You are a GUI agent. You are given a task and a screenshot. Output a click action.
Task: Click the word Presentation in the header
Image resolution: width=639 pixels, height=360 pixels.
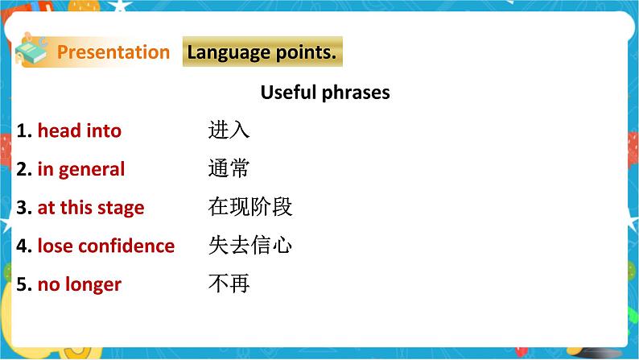(113, 52)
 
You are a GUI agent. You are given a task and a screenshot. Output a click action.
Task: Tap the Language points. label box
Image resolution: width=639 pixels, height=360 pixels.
(262, 52)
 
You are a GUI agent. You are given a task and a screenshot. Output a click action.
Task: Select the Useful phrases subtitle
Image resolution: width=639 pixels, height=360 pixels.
(325, 92)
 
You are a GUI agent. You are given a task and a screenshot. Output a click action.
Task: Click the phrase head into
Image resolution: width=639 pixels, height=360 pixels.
(79, 130)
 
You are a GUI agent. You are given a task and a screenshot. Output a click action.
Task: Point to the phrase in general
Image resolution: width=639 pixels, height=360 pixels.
(81, 169)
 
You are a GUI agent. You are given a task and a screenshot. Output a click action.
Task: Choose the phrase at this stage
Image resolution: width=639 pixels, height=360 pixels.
(91, 208)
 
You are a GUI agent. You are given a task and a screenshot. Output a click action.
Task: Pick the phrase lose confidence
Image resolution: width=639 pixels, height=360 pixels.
(105, 246)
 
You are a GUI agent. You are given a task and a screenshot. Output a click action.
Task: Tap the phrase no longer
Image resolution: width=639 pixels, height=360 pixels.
(79, 284)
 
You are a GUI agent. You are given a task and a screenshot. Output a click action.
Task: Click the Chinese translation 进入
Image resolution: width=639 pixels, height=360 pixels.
(229, 130)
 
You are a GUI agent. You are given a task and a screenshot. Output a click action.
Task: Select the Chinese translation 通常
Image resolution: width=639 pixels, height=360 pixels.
(229, 168)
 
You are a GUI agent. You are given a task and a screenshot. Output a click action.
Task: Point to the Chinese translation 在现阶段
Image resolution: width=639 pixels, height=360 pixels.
(249, 207)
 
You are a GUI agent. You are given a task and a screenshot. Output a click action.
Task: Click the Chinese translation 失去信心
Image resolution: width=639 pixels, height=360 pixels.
(249, 246)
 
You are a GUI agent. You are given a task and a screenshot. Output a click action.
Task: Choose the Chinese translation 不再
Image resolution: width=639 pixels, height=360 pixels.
(229, 284)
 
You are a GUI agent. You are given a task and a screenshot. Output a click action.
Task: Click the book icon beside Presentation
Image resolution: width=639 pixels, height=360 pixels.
(33, 51)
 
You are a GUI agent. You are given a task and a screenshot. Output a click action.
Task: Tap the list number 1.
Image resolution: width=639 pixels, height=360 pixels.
(23, 130)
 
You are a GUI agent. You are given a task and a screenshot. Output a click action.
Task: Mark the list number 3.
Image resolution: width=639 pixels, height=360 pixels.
(23, 208)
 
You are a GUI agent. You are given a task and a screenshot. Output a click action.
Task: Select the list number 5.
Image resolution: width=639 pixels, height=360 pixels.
(23, 284)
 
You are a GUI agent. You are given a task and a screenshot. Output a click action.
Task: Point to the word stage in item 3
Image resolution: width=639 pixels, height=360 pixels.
(121, 209)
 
